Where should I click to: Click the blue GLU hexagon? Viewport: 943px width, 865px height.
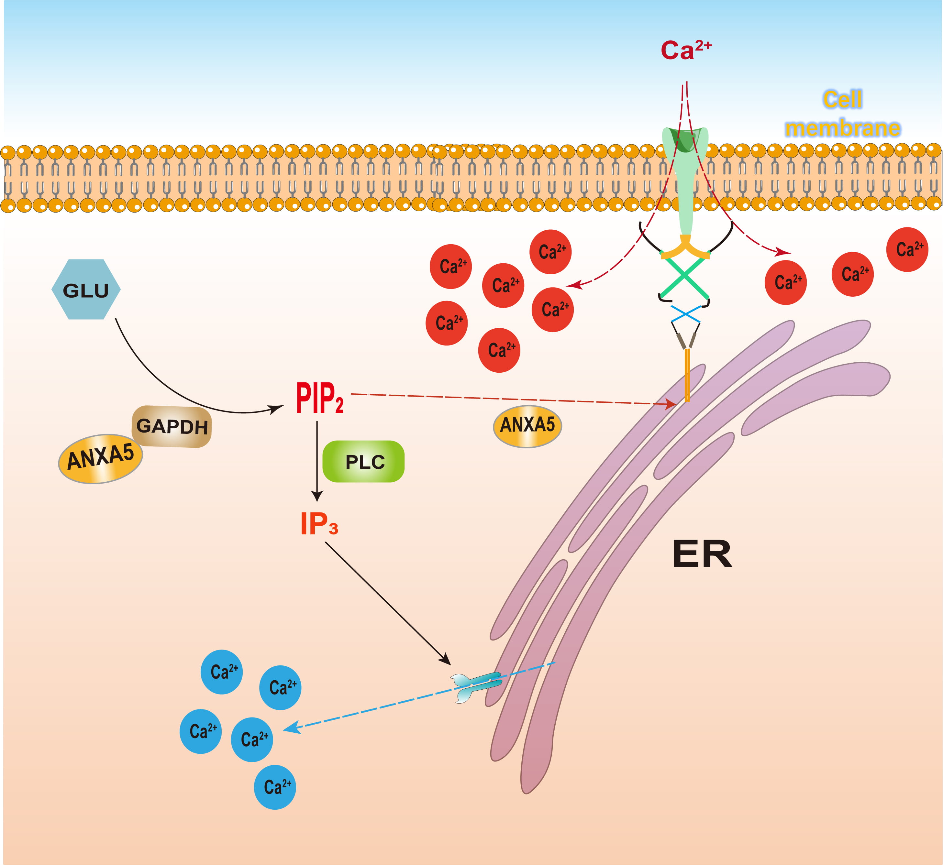[x=86, y=290]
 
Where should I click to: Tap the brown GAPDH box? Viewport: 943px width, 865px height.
[x=172, y=426]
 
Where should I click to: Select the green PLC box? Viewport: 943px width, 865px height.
[x=364, y=462]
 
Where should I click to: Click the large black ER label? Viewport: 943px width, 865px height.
[x=701, y=554]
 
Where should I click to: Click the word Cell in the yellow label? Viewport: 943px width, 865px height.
[x=842, y=99]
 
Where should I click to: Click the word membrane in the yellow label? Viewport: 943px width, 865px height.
[x=842, y=128]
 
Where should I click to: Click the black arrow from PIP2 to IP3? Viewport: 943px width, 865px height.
[x=317, y=461]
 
